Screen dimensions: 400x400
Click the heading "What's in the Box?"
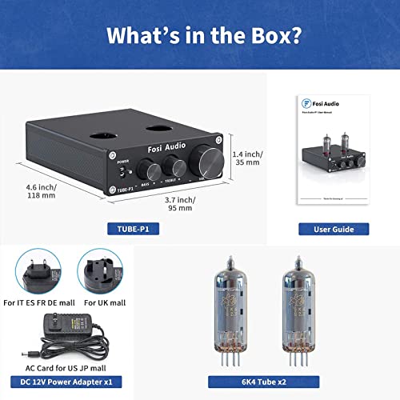[200, 35]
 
